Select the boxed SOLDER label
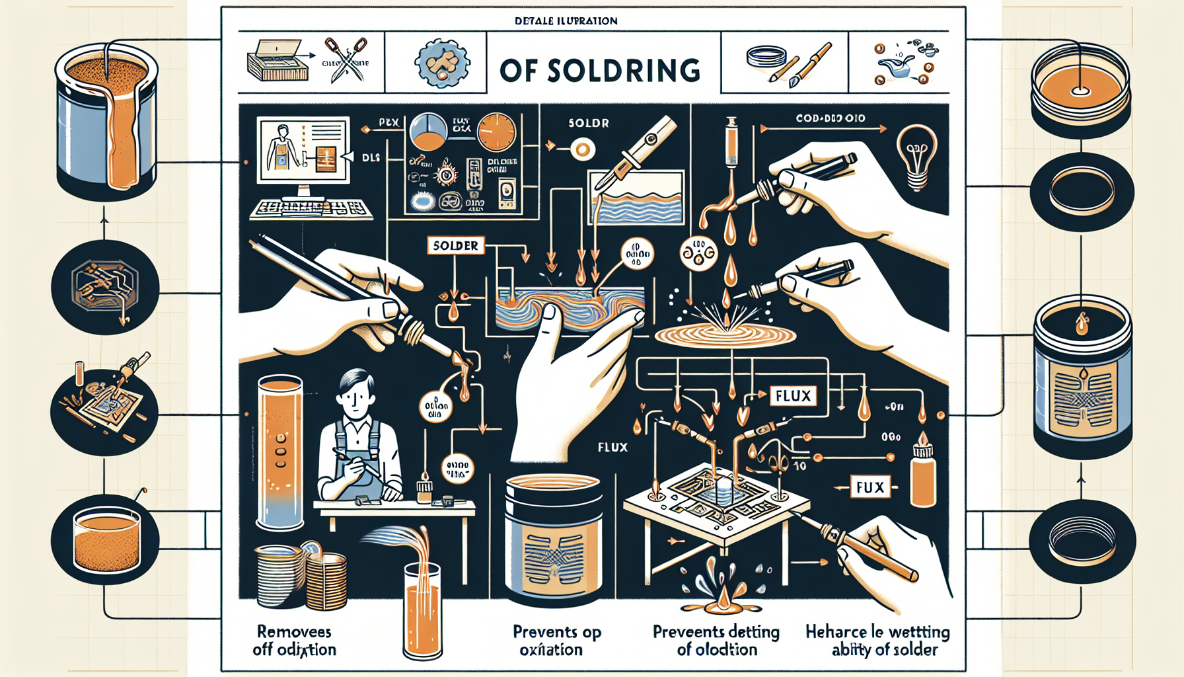coord(455,246)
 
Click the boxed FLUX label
coord(793,396)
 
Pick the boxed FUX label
coord(869,488)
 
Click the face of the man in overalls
coord(355,399)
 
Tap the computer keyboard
coord(311,209)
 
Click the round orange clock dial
coord(496,132)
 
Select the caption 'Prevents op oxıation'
coord(556,641)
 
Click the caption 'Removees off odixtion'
coord(294,641)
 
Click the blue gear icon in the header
coord(441,63)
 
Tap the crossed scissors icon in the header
coord(346,60)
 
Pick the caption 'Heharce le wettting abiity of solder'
coord(877,641)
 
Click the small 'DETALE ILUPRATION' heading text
coord(566,21)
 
